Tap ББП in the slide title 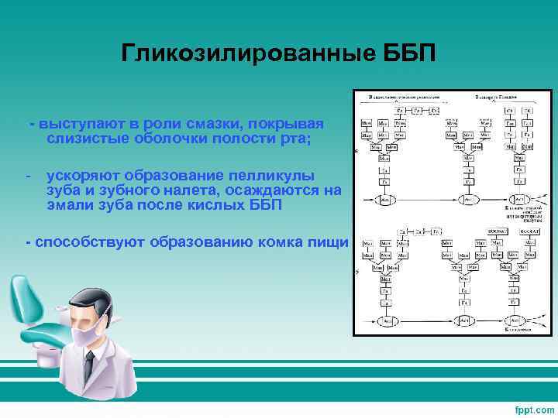pyautogui.click(x=410, y=53)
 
